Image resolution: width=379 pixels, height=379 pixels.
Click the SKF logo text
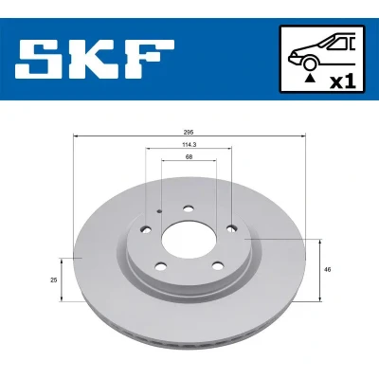[x=95, y=59]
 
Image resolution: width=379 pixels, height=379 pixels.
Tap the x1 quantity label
[x=342, y=82]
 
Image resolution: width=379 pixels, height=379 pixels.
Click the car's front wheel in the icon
[x=310, y=63]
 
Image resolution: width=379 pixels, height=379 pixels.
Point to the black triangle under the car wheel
[x=310, y=77]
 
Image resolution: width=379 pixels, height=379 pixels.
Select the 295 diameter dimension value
[x=189, y=132]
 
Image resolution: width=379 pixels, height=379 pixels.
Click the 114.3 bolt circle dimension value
[x=189, y=144]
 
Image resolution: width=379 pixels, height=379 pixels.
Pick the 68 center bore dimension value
[x=189, y=156]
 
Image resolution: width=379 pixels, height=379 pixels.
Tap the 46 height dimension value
[x=328, y=270]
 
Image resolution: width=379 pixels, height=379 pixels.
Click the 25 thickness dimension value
[x=54, y=280]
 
